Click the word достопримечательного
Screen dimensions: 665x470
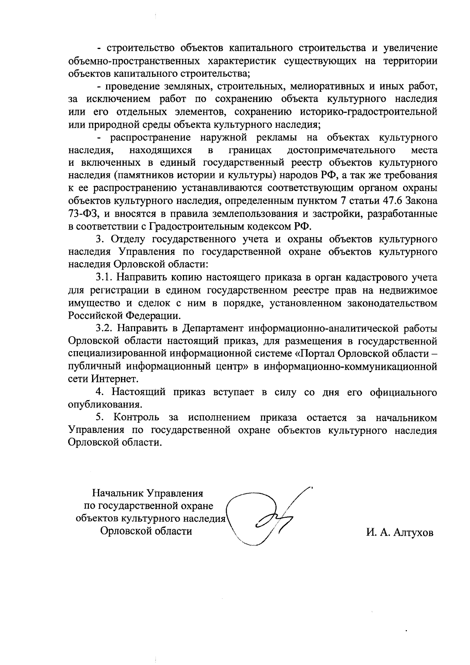click(x=340, y=150)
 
